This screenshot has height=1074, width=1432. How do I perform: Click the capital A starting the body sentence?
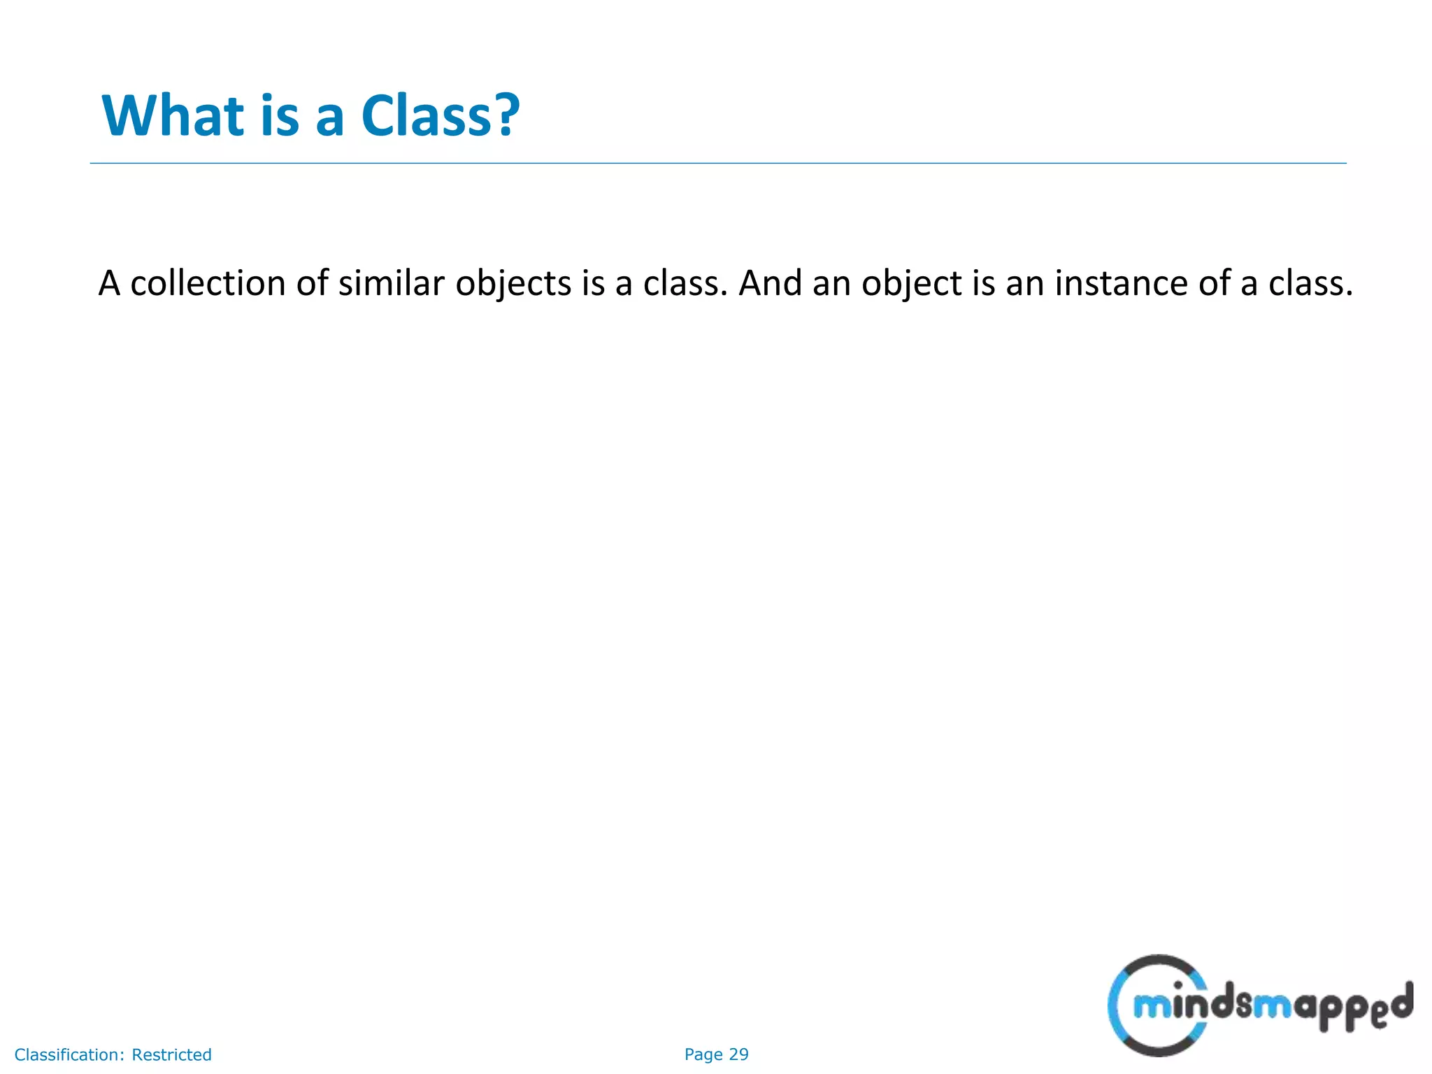[x=109, y=283]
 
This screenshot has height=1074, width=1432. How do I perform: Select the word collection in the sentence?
[x=208, y=283]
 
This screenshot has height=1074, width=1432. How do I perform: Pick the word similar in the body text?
[x=392, y=283]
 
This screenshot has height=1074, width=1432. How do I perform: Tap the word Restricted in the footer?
[x=172, y=1055]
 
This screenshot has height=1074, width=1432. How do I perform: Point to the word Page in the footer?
[x=703, y=1054]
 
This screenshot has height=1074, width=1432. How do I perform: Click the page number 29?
[x=738, y=1054]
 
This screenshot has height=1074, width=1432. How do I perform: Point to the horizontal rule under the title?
[x=717, y=164]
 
